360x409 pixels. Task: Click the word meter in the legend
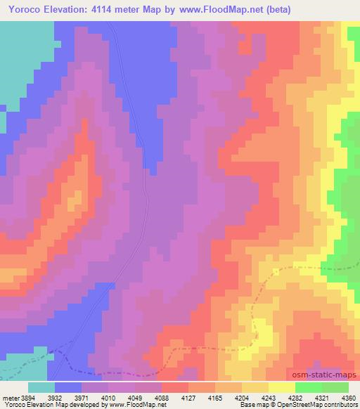coord(10,397)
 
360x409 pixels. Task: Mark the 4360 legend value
coord(349,397)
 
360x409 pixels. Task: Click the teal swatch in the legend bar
coord(41,387)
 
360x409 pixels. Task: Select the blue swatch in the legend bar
coord(68,387)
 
